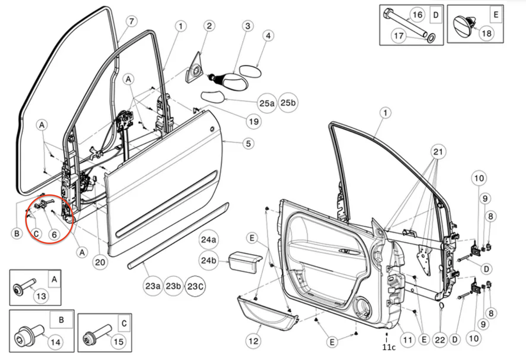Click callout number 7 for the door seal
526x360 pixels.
tap(131, 22)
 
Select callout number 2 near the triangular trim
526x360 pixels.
tap(209, 26)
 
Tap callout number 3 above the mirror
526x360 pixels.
tap(247, 26)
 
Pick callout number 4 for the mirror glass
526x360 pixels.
tap(268, 36)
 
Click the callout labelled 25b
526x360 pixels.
tap(289, 103)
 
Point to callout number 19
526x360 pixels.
tap(253, 122)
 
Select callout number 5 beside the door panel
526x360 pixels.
tap(249, 143)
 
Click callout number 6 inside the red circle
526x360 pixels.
tap(54, 233)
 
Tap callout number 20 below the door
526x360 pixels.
tap(100, 262)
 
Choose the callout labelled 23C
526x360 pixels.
tap(195, 286)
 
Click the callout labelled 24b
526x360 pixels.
tap(209, 261)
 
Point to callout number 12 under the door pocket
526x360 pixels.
tap(253, 340)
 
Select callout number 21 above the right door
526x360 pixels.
tap(438, 152)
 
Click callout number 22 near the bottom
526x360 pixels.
tap(440, 340)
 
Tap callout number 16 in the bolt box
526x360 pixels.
tap(418, 15)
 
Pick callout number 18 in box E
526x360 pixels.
tap(486, 34)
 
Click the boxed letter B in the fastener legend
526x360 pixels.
tap(61, 319)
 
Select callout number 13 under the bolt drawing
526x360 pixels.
tap(41, 296)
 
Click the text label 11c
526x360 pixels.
tap(389, 348)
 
